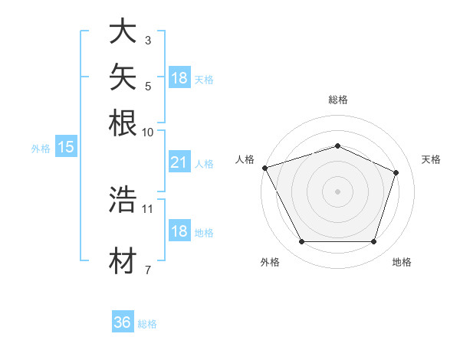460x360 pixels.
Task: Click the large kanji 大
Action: [x=123, y=31]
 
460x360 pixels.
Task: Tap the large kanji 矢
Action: [x=123, y=77]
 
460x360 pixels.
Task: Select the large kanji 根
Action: [x=123, y=123]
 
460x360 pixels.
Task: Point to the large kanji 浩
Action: [x=123, y=199]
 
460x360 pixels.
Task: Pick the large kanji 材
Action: [x=123, y=260]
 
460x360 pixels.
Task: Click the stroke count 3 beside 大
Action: [x=148, y=40]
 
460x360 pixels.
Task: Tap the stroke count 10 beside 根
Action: [x=147, y=133]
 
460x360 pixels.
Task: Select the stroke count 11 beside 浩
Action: [x=147, y=209]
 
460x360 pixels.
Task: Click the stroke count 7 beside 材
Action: [x=148, y=270]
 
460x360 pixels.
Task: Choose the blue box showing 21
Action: [x=179, y=162]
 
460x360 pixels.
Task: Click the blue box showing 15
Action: [x=66, y=146]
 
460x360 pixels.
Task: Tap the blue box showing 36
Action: [x=123, y=321]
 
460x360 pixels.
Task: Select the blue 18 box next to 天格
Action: [x=179, y=77]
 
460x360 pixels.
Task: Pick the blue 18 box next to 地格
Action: [x=179, y=230]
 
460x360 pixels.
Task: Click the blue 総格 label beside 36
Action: [x=147, y=324]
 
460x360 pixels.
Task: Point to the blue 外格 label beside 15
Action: [x=41, y=149]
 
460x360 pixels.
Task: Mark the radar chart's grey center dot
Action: [x=337, y=191]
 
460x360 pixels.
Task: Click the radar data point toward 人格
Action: [x=265, y=168]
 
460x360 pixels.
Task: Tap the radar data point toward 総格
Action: [x=337, y=146]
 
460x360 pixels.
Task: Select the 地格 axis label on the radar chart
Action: [x=402, y=262]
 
